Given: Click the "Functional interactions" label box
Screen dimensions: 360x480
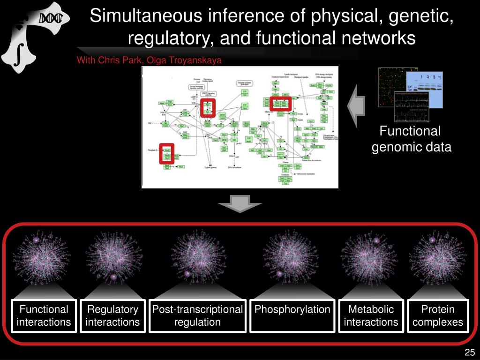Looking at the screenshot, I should pyautogui.click(x=44, y=315).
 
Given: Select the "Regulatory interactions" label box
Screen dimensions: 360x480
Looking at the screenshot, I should pyautogui.click(x=112, y=315).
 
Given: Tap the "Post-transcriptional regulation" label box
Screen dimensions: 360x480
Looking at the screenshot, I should pyautogui.click(x=197, y=315).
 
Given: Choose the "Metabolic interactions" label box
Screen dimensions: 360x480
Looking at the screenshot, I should pyautogui.click(x=371, y=315).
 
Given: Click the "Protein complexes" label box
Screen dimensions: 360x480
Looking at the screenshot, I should pyautogui.click(x=438, y=315).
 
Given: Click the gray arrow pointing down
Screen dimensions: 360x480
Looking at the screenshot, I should pyautogui.click(x=240, y=204).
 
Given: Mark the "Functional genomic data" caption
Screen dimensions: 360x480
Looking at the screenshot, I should pyautogui.click(x=411, y=139).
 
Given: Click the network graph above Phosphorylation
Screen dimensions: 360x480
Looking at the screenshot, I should pyautogui.click(x=292, y=256).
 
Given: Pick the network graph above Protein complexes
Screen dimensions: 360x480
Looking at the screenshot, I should pyautogui.click(x=437, y=256).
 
